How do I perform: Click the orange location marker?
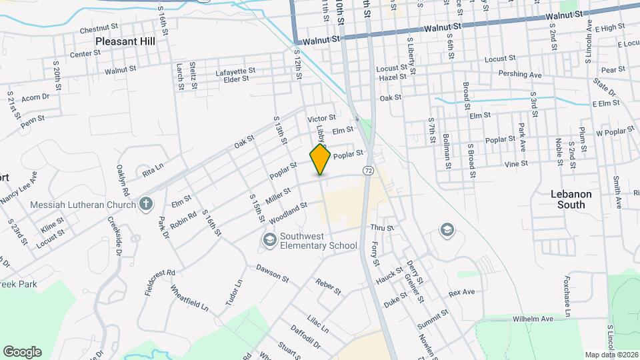coord(321,159)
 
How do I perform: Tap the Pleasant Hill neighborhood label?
coord(125,41)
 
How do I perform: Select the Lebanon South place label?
coord(571,199)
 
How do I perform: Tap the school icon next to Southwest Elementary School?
coord(269,239)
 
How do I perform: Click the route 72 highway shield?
coord(367,171)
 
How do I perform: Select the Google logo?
coord(22,351)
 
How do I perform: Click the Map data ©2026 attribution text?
coord(611,354)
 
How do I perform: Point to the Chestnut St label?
coord(99,30)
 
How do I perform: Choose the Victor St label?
coord(321,118)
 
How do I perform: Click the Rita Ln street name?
coord(153,171)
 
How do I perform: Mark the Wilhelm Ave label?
coord(533,319)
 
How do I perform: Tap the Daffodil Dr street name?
coord(305,337)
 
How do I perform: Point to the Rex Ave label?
coord(461,293)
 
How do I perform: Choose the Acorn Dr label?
coord(35,97)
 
